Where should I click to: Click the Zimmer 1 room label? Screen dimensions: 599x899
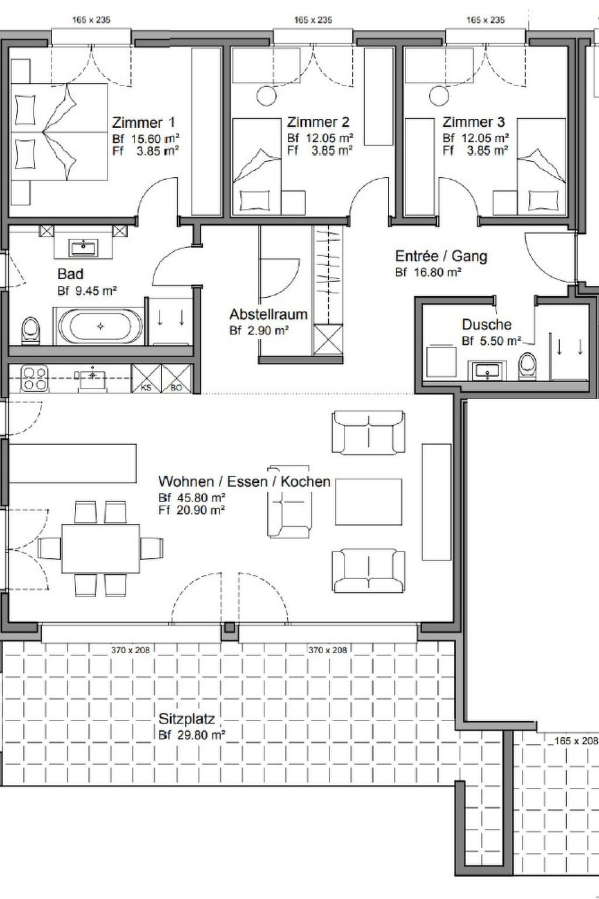tap(143, 122)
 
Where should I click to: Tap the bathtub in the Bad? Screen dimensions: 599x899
tap(100, 326)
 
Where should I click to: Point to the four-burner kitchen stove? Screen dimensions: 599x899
tap(34, 379)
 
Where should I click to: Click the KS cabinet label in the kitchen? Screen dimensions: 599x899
tap(146, 388)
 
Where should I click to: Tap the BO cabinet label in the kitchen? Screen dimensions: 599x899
tap(176, 388)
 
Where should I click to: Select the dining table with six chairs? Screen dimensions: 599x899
tap(100, 548)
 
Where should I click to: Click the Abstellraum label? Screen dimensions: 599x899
tap(268, 314)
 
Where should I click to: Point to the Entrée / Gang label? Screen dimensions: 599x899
tap(441, 256)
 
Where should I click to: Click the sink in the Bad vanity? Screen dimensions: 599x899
tap(84, 247)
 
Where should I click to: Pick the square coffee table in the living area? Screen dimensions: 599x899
tap(369, 502)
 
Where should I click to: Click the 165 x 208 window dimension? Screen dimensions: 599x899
tap(576, 740)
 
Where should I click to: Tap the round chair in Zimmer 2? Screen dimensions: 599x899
tap(266, 96)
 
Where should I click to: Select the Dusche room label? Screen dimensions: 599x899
tap(487, 324)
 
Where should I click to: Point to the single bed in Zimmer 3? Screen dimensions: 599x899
tap(541, 167)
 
